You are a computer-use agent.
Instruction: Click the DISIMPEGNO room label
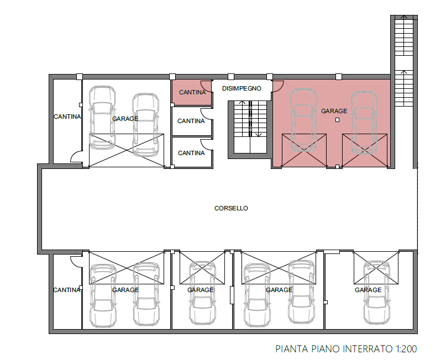coord(242,88)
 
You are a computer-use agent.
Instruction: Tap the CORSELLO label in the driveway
coord(231,208)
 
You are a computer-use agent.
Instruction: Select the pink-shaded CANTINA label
coord(192,92)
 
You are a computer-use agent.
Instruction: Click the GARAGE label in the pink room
coord(334,111)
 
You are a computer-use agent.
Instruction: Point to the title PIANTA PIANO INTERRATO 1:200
coord(346,348)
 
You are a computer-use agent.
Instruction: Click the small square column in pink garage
coord(337,120)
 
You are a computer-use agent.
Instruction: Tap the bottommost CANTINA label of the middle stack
coord(191,153)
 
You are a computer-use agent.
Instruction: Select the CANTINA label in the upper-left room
coord(67,117)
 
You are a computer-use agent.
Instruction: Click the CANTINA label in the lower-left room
coord(67,290)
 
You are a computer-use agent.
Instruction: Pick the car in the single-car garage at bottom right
coord(377,293)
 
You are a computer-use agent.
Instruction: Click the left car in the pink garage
coord(303,119)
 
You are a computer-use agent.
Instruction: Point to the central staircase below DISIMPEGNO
coord(250,127)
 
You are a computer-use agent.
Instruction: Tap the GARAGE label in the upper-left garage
coord(125,119)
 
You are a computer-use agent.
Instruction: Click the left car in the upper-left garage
coord(102,118)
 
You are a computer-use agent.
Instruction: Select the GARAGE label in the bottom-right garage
coord(368,290)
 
